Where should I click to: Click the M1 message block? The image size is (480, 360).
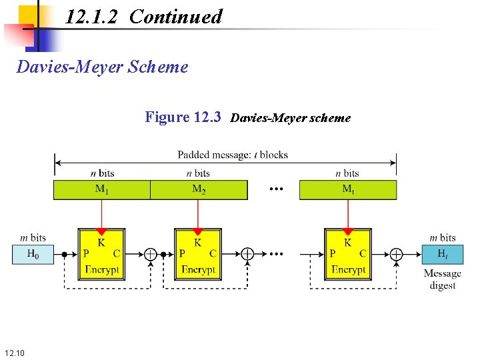click(x=101, y=189)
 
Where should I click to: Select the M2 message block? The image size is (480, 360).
click(x=199, y=189)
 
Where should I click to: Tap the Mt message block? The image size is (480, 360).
click(x=348, y=189)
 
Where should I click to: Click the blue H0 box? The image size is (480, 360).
click(x=32, y=254)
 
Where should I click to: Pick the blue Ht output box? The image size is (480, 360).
click(x=443, y=254)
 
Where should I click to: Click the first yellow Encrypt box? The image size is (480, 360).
click(x=101, y=253)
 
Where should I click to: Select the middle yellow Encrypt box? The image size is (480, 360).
click(x=198, y=253)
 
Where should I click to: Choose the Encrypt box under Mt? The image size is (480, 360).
click(x=348, y=253)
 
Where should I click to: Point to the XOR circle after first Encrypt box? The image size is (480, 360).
click(x=151, y=254)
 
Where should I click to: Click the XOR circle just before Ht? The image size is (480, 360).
click(x=397, y=254)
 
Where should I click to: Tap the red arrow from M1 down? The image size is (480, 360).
click(x=101, y=217)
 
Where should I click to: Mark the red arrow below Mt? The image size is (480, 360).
click(x=348, y=217)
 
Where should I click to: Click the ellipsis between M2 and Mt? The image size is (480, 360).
click(x=276, y=189)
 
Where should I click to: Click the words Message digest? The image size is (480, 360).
click(x=442, y=279)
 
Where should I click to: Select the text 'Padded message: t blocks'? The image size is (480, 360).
click(x=233, y=155)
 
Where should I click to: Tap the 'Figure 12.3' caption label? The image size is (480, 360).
click(x=183, y=117)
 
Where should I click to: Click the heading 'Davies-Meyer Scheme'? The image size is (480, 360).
click(x=102, y=67)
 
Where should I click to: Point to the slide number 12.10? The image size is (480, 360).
click(x=15, y=351)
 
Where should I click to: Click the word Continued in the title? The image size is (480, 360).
click(x=176, y=17)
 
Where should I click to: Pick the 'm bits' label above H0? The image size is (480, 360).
click(x=32, y=237)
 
